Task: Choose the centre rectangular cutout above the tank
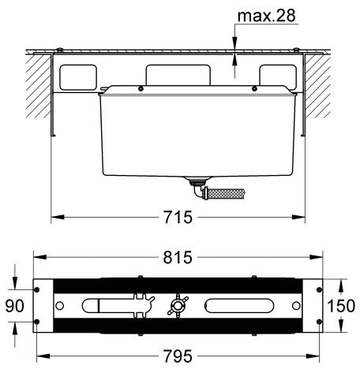point(179,73)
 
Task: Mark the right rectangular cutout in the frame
point(279,76)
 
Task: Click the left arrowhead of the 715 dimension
point(56,218)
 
